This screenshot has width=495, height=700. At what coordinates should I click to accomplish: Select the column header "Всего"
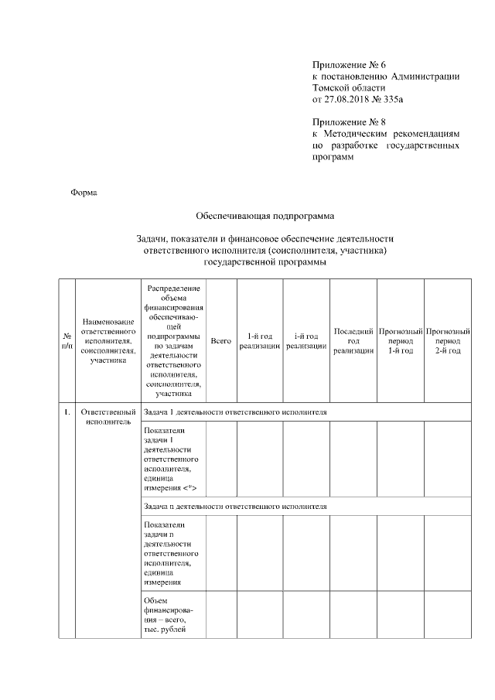tap(220, 341)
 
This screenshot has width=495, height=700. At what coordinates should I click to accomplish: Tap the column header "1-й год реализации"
tap(259, 341)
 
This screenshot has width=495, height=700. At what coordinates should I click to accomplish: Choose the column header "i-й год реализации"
tap(306, 341)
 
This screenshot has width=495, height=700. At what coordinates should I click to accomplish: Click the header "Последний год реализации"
tap(353, 341)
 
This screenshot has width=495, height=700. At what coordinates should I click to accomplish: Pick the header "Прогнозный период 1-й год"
tap(401, 341)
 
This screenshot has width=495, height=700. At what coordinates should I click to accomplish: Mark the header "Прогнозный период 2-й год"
tap(448, 341)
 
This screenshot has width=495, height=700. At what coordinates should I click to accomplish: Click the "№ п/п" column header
tap(67, 341)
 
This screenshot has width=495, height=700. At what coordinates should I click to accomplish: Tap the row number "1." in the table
tap(67, 411)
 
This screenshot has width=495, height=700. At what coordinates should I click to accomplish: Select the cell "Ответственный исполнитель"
tap(108, 417)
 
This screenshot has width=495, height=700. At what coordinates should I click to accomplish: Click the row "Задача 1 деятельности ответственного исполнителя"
tap(235, 412)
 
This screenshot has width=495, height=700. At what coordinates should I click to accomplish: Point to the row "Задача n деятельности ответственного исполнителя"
tap(235, 506)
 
